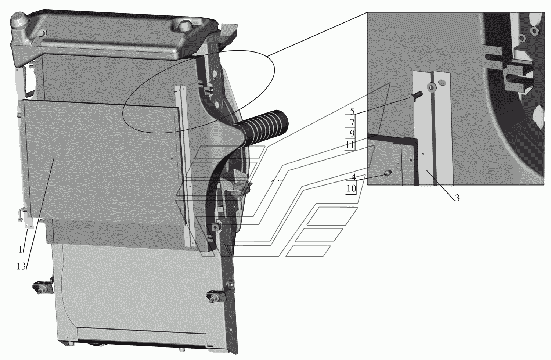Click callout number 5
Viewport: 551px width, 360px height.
point(352,111)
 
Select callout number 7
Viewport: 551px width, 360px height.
point(352,122)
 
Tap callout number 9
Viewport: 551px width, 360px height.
point(352,134)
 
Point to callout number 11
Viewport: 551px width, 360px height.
point(350,145)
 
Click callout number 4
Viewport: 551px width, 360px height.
point(353,177)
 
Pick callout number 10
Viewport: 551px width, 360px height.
point(352,188)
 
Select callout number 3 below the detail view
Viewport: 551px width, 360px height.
point(457,198)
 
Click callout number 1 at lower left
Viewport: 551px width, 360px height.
point(21,249)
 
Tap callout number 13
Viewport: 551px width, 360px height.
point(21,266)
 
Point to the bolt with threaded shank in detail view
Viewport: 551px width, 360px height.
point(416,97)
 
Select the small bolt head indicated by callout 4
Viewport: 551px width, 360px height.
point(388,173)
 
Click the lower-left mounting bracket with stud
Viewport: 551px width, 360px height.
point(43,286)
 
